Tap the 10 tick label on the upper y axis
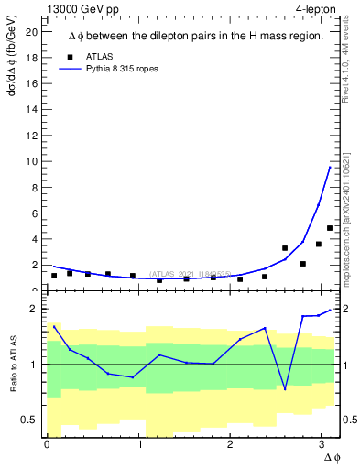31,161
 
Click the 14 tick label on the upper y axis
31,110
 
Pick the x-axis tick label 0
47,444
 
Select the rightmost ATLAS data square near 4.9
330,228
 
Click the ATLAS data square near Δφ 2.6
285,248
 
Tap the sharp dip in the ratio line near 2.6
285,388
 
